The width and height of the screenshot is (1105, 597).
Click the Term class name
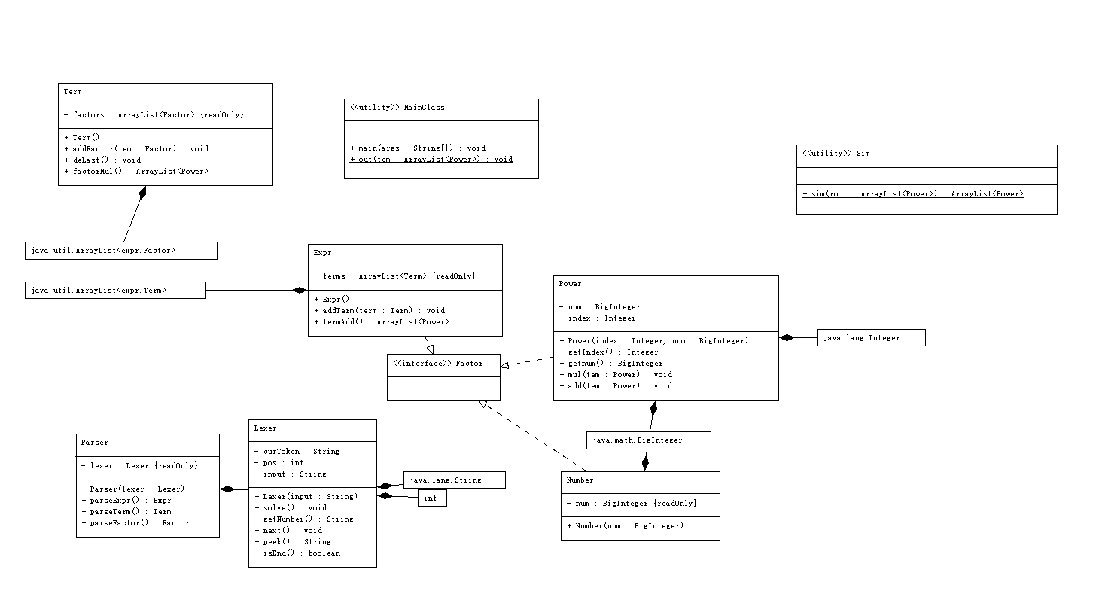click(72, 92)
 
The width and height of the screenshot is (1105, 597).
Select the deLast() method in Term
click(102, 160)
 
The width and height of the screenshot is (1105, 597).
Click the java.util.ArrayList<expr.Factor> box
click(121, 251)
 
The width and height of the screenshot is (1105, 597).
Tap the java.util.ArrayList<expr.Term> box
click(115, 290)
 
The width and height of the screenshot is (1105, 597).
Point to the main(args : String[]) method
click(418, 148)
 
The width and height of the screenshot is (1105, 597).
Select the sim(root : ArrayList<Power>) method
click(913, 194)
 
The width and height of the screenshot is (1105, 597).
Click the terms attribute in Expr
click(394, 276)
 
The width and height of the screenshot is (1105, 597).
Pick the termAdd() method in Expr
click(382, 322)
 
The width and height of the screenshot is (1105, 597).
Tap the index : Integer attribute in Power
click(598, 318)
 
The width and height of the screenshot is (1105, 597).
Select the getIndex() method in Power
click(609, 352)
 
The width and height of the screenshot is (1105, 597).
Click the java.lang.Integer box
click(871, 338)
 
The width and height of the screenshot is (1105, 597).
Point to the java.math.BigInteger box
click(649, 440)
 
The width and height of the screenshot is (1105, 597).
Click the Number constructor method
click(625, 526)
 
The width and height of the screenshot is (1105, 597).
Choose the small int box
click(432, 498)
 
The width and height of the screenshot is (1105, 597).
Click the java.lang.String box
click(455, 480)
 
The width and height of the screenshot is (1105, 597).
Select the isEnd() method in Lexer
click(297, 553)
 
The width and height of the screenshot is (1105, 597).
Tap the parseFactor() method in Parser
click(135, 523)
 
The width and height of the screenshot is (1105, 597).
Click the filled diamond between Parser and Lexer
click(227, 489)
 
